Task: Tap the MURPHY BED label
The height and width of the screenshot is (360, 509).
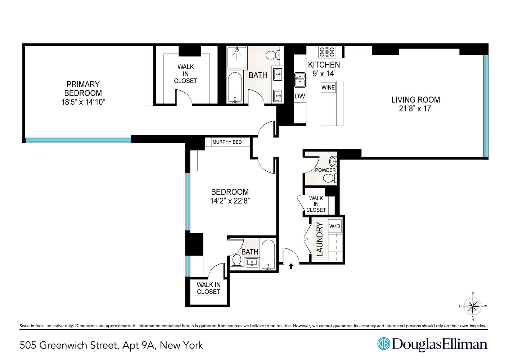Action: [227, 142]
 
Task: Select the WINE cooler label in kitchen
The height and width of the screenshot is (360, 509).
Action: [328, 87]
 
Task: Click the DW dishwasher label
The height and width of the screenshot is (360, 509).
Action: [300, 96]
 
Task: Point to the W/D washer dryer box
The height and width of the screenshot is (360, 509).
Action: [335, 226]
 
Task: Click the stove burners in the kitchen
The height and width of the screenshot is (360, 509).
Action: [327, 52]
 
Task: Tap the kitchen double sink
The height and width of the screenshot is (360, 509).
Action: [300, 80]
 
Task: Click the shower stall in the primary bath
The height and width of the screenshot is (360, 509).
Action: [237, 57]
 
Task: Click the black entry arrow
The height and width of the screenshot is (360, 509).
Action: [291, 266]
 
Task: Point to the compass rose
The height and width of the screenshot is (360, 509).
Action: [473, 306]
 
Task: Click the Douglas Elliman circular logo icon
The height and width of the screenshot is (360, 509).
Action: [384, 343]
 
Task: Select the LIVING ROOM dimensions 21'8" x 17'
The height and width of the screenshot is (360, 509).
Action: [415, 109]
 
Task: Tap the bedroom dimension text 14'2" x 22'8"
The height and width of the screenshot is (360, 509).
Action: [230, 201]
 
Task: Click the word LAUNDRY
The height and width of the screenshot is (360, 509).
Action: [320, 239]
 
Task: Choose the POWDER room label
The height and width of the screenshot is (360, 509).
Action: [325, 170]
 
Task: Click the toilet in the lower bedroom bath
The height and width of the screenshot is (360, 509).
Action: [237, 260]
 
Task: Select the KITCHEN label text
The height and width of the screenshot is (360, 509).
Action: [324, 65]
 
